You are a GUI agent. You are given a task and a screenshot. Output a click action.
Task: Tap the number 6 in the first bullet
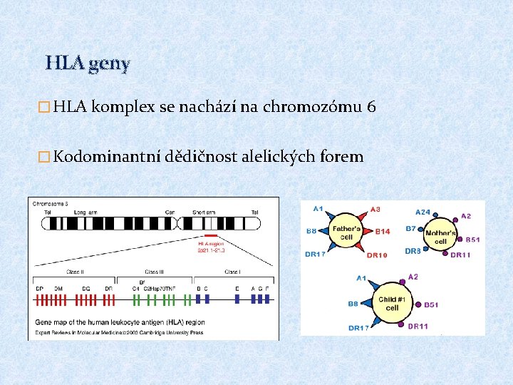point(370,108)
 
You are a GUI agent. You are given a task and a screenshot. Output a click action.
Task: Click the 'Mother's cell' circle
point(440,233)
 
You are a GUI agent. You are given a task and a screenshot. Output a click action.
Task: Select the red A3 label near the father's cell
point(375,209)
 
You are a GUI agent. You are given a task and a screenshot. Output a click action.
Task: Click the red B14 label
point(383,232)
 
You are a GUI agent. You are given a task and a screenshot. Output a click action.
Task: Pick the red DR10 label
point(377,255)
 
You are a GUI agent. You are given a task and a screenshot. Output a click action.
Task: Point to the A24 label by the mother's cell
point(423,212)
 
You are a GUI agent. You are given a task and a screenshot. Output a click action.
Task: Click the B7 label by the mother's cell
point(411,229)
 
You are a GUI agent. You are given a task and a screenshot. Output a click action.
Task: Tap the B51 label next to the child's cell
point(431,304)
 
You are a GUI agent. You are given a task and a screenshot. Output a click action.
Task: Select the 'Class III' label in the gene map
point(153,272)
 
